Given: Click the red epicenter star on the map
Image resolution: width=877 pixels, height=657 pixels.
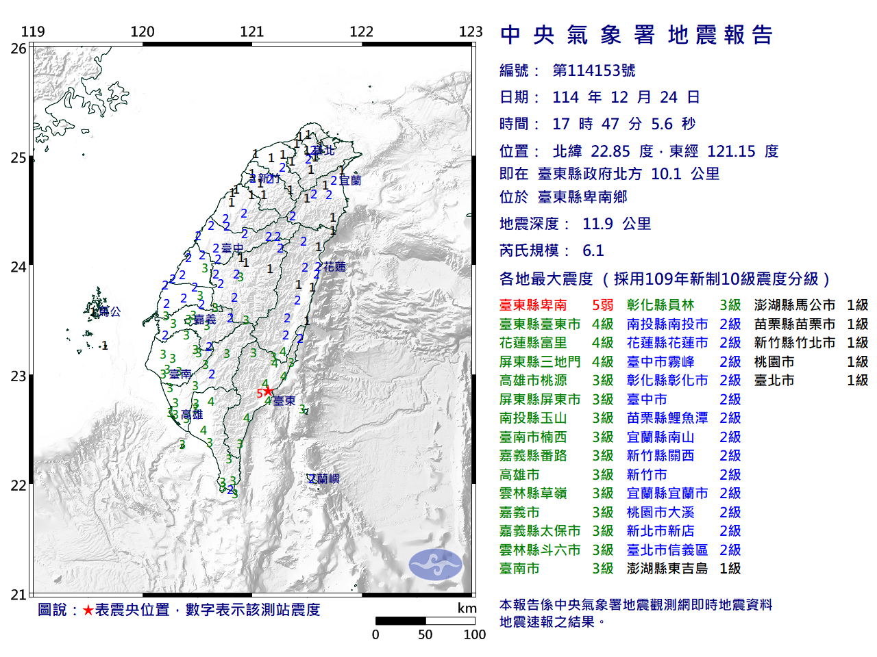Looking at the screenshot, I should tap(268, 391).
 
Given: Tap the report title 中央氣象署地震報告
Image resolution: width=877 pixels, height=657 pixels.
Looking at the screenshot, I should tap(637, 35).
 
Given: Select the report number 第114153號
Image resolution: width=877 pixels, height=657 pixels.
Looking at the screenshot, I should tap(593, 70).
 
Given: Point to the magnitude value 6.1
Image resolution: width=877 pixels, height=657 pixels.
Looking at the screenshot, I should tap(593, 250).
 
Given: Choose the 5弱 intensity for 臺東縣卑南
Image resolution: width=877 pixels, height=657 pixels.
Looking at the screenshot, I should tap(602, 305).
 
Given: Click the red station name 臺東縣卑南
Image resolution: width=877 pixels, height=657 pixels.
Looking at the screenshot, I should tap(533, 305).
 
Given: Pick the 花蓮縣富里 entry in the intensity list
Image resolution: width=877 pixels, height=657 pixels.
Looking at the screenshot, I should tap(533, 343).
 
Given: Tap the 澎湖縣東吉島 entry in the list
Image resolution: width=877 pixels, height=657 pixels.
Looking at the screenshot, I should tap(667, 569).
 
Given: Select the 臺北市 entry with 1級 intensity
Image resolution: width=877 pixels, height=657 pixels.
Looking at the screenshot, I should tap(774, 381).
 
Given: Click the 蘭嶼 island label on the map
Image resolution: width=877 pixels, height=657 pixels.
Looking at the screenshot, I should tap(323, 479).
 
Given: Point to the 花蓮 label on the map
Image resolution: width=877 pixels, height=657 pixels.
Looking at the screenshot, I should tap(334, 267).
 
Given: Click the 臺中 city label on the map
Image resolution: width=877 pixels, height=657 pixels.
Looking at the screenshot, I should tap(232, 248).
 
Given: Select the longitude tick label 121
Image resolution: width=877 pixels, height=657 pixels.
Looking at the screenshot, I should tap(251, 31).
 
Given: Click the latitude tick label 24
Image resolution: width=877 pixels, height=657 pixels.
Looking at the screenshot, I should tap(18, 267).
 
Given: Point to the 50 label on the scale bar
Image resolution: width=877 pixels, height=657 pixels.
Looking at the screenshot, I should tap(425, 634).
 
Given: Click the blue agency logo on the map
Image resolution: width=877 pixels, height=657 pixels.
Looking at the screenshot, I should tap(435, 565).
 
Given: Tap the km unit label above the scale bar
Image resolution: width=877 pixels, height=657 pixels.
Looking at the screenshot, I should tap(467, 608).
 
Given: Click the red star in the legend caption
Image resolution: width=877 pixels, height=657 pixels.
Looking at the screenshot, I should tap(88, 610).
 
